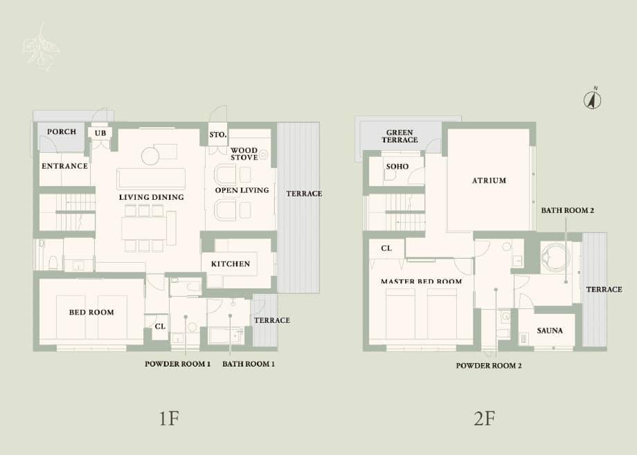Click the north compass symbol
(x=592, y=100)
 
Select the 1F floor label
(x=169, y=418)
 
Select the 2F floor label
(x=484, y=418)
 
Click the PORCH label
(x=62, y=132)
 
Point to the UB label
(x=100, y=132)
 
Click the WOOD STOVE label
(x=244, y=154)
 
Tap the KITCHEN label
(x=230, y=264)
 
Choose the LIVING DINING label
(x=151, y=198)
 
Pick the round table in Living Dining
(x=151, y=156)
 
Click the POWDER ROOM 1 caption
(x=177, y=364)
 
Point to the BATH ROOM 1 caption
(x=249, y=364)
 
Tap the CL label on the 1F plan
(x=160, y=326)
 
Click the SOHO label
(x=397, y=167)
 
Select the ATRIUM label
(x=489, y=180)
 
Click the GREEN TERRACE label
(x=400, y=136)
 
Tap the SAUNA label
(x=549, y=331)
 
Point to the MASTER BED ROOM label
(x=421, y=281)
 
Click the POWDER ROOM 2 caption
(x=488, y=366)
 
